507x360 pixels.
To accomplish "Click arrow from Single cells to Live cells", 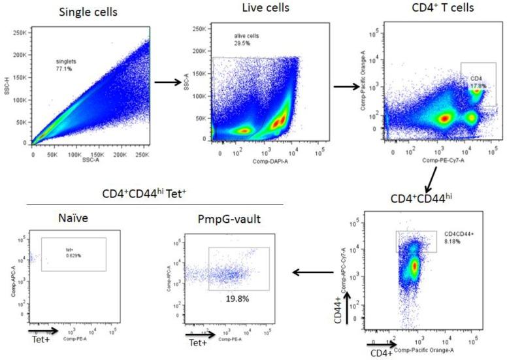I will (169, 83).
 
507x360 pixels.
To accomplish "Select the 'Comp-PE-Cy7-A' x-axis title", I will (439, 160).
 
